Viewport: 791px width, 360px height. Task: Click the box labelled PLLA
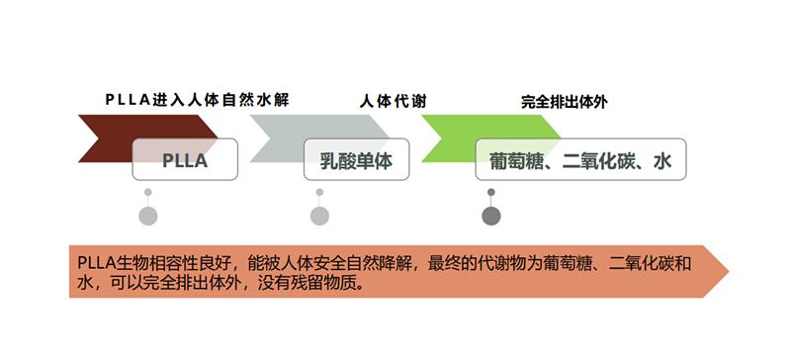pos(186,160)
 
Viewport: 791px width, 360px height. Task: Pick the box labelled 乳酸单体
pos(356,160)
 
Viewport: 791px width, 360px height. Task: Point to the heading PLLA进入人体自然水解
pos(197,100)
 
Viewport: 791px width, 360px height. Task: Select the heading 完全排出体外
pos(564,100)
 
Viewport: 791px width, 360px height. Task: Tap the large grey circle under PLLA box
pos(147,216)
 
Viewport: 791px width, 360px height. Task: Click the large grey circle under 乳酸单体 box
pos(318,216)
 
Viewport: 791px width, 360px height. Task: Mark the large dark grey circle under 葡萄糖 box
pos(491,216)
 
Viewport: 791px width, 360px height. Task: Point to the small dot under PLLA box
pos(147,192)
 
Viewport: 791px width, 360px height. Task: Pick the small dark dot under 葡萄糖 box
pos(491,192)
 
